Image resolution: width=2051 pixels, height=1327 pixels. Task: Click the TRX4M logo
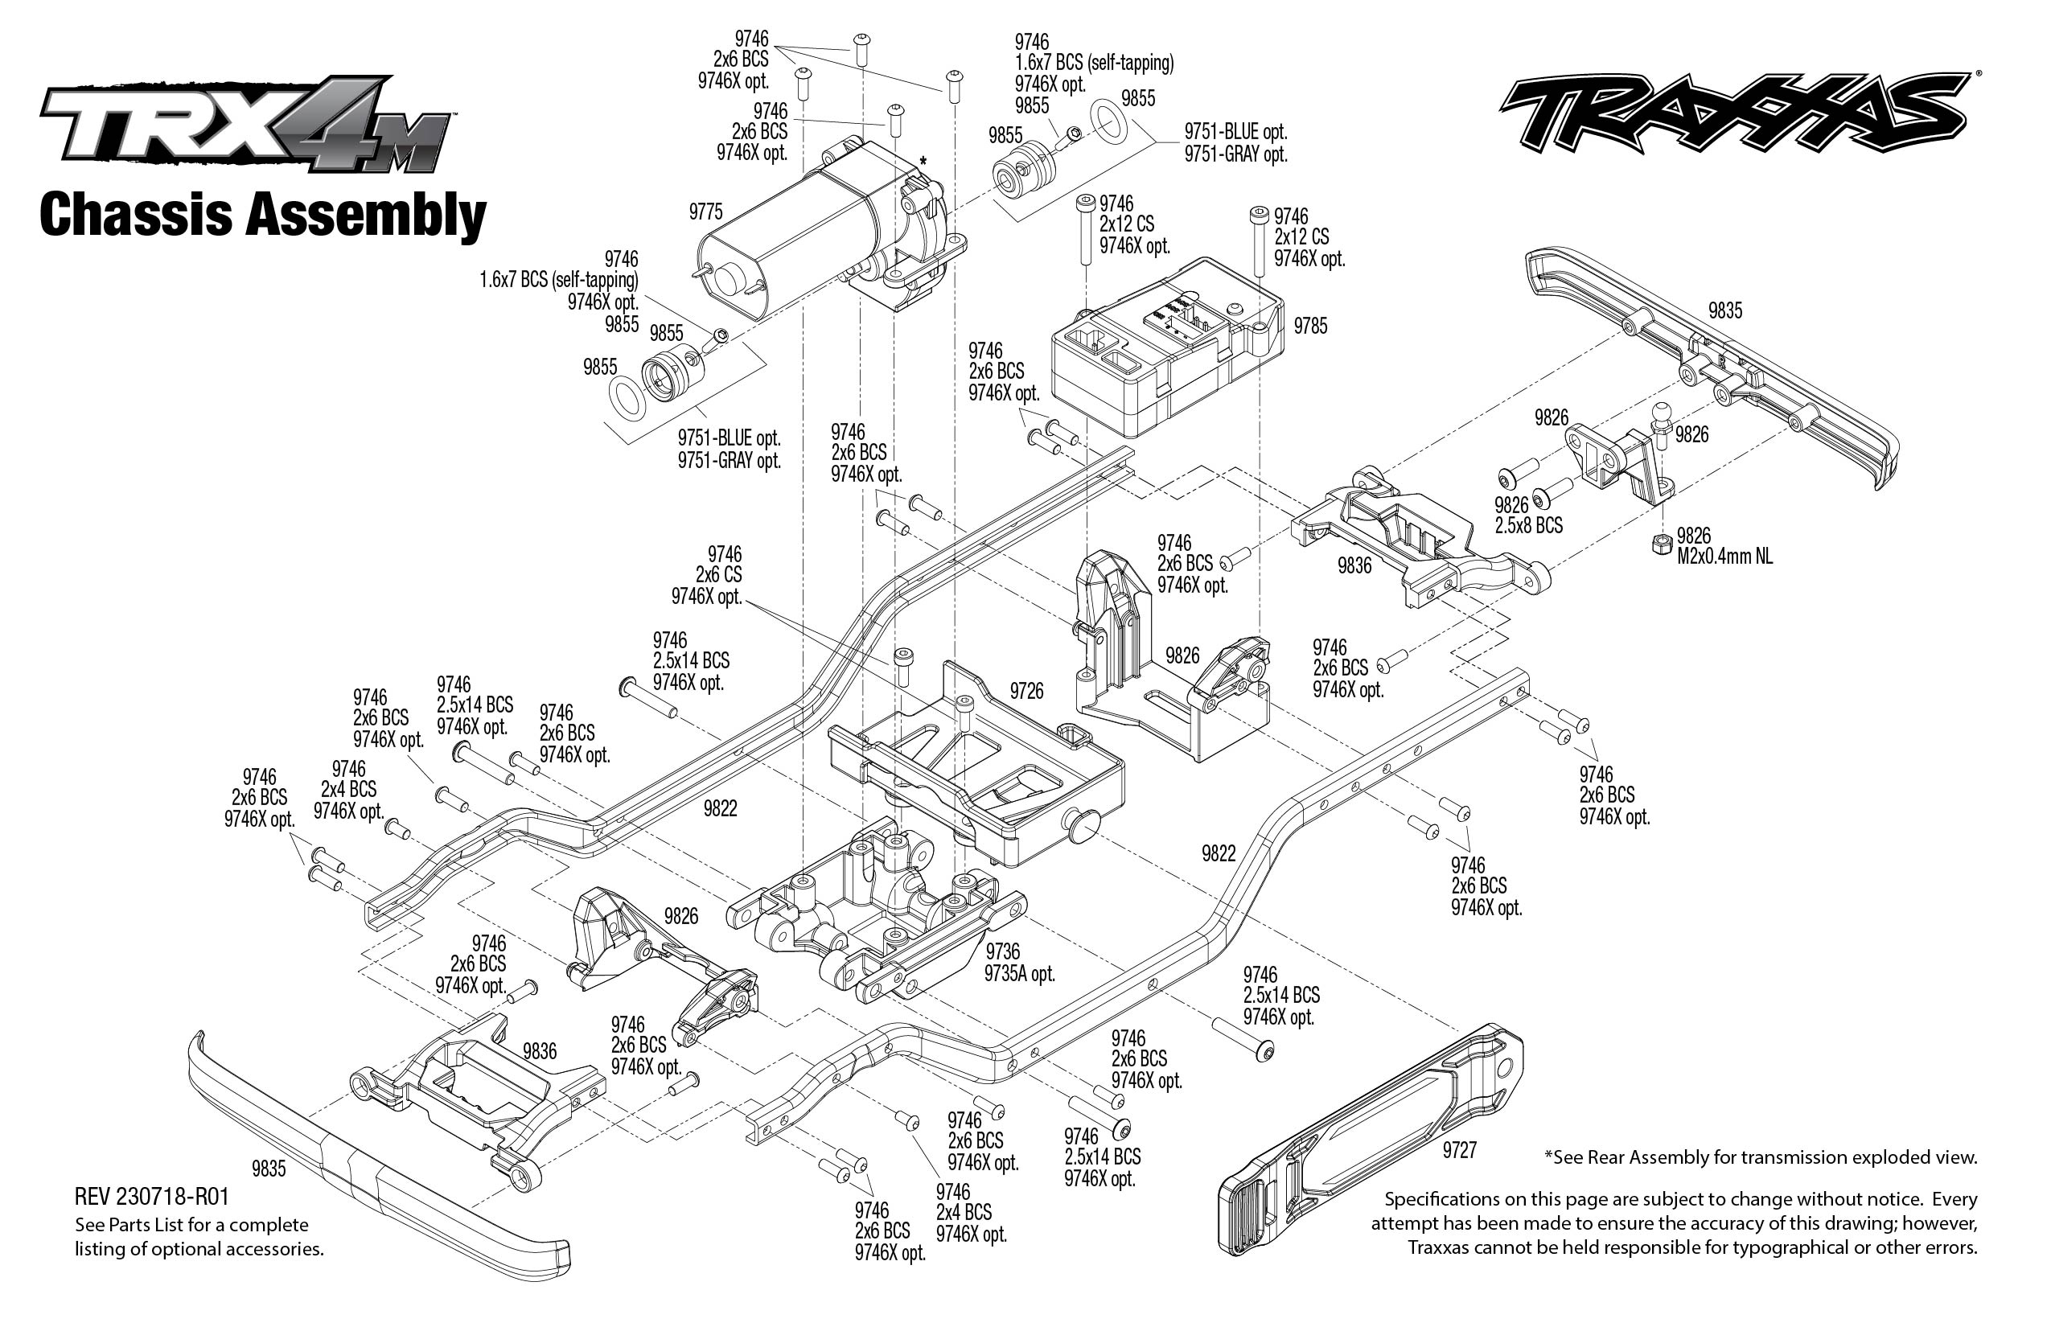click(245, 125)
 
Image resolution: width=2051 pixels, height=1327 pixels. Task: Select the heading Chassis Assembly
click(263, 216)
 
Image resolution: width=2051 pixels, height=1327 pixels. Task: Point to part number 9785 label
click(1310, 326)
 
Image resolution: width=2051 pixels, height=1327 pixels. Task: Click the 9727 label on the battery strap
click(1459, 1150)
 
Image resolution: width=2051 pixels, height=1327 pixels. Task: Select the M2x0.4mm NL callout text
click(1724, 557)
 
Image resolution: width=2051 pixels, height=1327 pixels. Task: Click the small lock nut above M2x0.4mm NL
click(1657, 544)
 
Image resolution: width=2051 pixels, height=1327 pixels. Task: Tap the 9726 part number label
click(1025, 691)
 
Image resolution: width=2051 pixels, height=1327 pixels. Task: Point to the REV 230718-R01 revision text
click(152, 1197)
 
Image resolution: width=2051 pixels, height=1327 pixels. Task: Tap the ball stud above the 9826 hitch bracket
click(1662, 422)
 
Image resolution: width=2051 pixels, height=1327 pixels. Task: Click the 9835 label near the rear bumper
click(1724, 311)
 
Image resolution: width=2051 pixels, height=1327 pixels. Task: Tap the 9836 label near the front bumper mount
click(540, 1051)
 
